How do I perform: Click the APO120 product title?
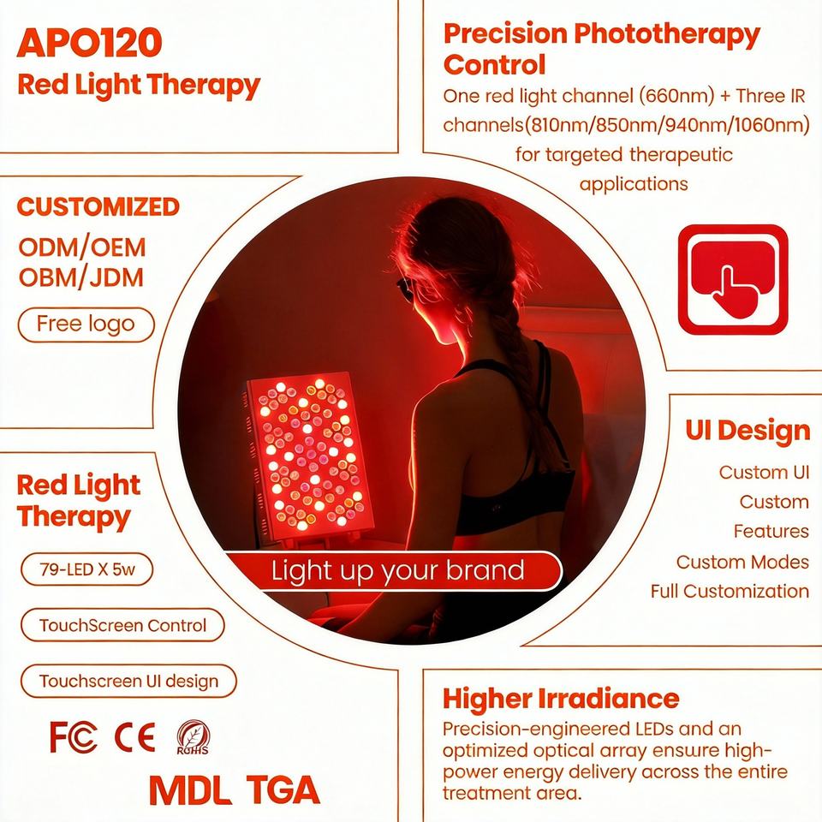click(90, 43)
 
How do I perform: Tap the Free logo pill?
click(86, 325)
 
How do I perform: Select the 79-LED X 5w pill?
click(87, 569)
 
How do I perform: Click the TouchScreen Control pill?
click(122, 625)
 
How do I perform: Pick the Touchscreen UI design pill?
click(128, 681)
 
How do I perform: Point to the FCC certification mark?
click(74, 737)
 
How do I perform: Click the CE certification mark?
click(134, 737)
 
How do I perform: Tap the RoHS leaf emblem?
click(193, 737)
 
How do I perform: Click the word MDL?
click(190, 789)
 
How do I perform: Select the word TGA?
click(283, 789)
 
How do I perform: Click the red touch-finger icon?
click(733, 279)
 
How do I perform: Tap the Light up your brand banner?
click(394, 571)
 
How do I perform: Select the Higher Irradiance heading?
click(561, 699)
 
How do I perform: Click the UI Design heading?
click(748, 431)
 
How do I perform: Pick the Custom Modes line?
click(742, 562)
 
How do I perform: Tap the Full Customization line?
click(730, 592)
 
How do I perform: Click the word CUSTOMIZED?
click(98, 206)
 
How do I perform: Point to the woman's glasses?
click(406, 286)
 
